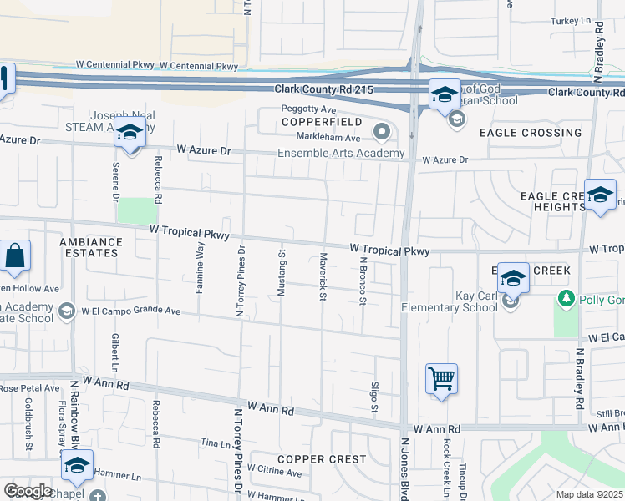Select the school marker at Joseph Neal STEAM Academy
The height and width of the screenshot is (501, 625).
(130, 133)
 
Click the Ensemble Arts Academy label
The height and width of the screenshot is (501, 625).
(340, 153)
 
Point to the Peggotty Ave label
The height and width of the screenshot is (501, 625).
(308, 109)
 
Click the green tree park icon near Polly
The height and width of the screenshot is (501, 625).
(566, 298)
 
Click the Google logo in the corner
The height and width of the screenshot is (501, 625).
(28, 491)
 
